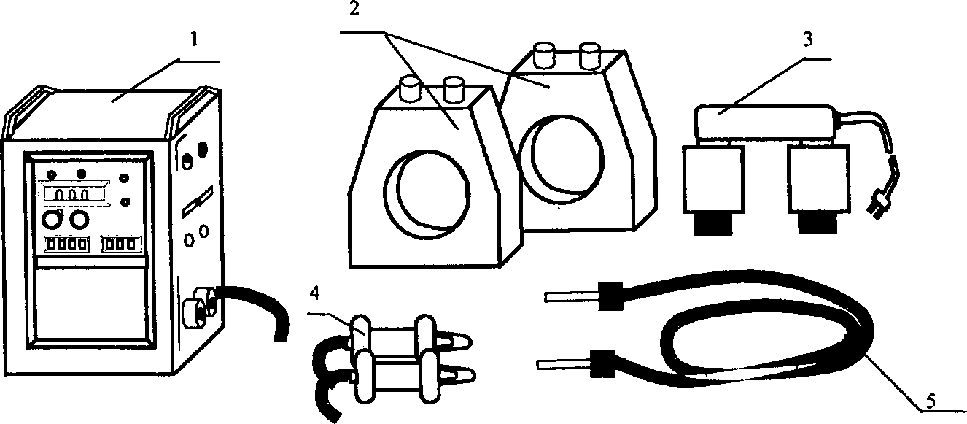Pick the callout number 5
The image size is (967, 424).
(x=929, y=399)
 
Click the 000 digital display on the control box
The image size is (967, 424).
(x=74, y=196)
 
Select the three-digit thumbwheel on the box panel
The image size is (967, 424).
(x=120, y=244)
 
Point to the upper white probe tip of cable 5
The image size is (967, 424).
(x=570, y=296)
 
